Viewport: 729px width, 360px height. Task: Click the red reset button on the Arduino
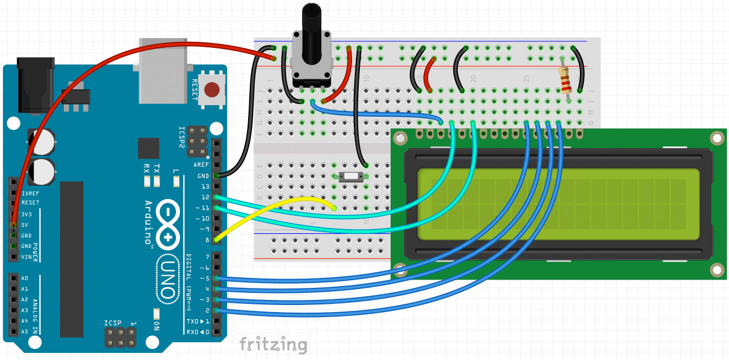[x=212, y=89]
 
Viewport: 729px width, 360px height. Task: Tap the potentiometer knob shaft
[x=312, y=28]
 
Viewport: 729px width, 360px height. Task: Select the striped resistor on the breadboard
[x=565, y=80]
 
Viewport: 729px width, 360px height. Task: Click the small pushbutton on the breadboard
[x=350, y=177]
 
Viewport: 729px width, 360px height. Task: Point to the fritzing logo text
[x=273, y=345]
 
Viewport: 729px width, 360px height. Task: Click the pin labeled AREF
[x=201, y=165]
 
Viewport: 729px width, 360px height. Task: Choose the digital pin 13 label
[x=205, y=187]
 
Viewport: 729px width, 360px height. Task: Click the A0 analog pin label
[x=24, y=278]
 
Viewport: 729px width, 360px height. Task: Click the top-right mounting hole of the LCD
[x=716, y=138]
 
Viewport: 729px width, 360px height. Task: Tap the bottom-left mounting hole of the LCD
[x=400, y=270]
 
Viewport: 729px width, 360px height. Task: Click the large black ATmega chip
[x=72, y=259]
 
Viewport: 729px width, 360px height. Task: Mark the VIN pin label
[x=26, y=257]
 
